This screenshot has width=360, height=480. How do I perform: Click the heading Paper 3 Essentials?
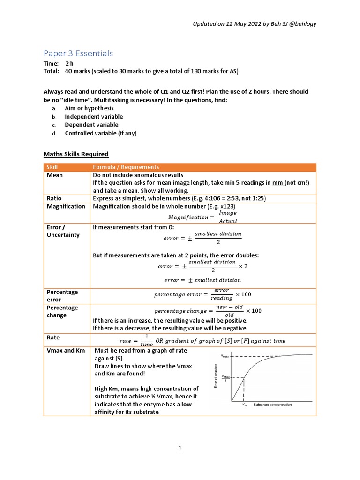pyautogui.click(x=78, y=53)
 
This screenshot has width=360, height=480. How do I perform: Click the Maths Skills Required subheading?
pyautogui.click(x=76, y=154)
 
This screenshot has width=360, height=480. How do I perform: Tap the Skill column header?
pyautogui.click(x=52, y=167)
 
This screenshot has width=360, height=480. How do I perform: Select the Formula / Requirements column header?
pyautogui.click(x=126, y=167)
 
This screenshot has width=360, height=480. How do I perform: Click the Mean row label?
pyautogui.click(x=55, y=175)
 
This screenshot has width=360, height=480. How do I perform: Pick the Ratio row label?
pyautogui.click(x=54, y=198)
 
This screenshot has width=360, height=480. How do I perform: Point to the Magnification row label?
pyautogui.click(x=66, y=206)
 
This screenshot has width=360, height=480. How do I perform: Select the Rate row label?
pyautogui.click(x=53, y=337)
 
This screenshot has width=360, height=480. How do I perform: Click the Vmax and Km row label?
pyautogui.click(x=65, y=350)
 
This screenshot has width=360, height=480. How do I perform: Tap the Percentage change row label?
pyautogui.click(x=62, y=311)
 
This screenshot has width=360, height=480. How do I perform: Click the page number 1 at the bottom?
pyautogui.click(x=180, y=449)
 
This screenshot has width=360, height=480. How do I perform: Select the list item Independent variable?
pyautogui.click(x=94, y=116)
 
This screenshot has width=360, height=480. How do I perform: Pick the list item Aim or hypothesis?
pyautogui.click(x=89, y=108)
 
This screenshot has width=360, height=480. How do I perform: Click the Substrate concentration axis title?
pyautogui.click(x=272, y=405)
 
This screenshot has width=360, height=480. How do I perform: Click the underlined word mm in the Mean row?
pyautogui.click(x=278, y=183)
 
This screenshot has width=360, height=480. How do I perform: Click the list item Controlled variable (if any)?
pyautogui.click(x=100, y=133)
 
